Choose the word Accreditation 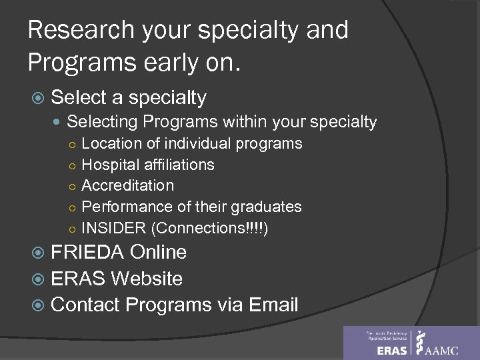127,185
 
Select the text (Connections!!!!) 210,227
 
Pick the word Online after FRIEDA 159,253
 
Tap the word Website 147,279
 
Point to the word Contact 86,305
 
